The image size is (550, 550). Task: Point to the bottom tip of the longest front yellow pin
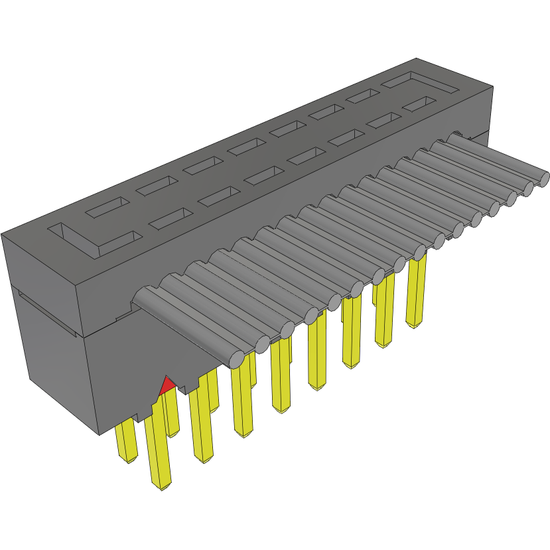pyautogui.click(x=163, y=486)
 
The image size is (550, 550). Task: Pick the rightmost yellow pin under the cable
pyautogui.click(x=416, y=292)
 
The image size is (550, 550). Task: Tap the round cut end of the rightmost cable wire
pyautogui.click(x=542, y=178)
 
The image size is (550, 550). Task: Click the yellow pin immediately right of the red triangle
pyautogui.click(x=202, y=425)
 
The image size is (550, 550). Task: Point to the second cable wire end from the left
pyautogui.click(x=262, y=344)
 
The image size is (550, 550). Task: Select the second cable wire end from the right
pyautogui.click(x=528, y=188)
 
